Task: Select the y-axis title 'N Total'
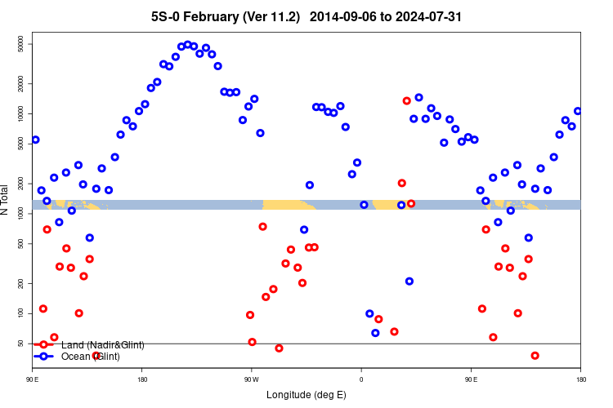click(6, 200)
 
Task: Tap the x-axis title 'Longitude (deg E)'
click(306, 395)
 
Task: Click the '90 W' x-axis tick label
click(252, 379)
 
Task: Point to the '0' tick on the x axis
click(361, 379)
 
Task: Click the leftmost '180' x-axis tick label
click(142, 379)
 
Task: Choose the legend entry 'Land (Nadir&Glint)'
click(102, 345)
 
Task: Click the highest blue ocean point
click(187, 45)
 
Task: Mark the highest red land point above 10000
click(407, 100)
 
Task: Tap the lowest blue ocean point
click(375, 333)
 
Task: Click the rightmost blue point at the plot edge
click(578, 111)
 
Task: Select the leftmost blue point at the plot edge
click(35, 140)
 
